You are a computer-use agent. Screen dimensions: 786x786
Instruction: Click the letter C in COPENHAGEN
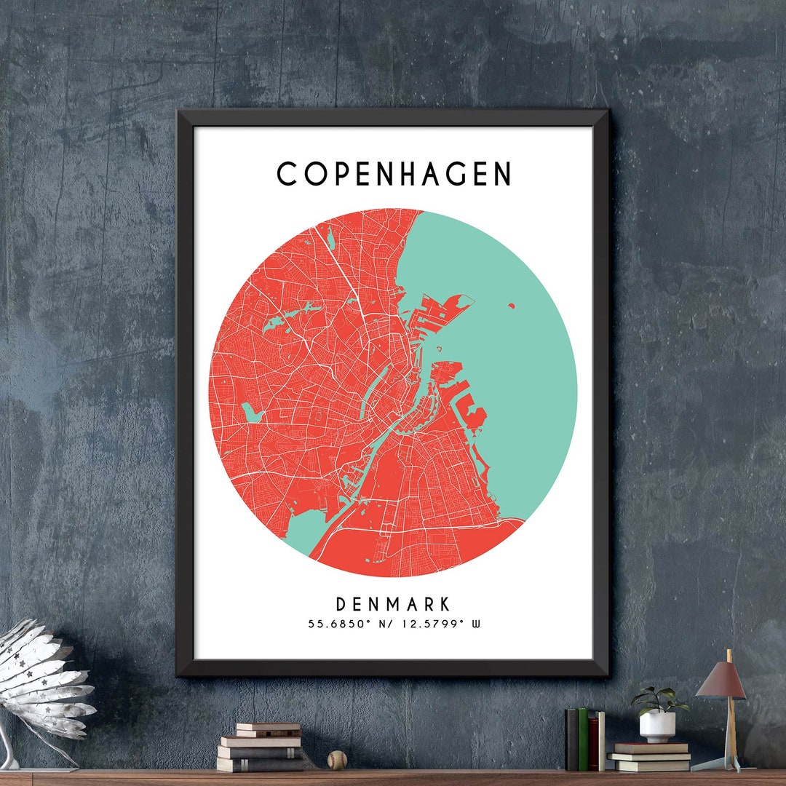pos(287,175)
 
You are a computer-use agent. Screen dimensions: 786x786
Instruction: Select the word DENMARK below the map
pos(393,604)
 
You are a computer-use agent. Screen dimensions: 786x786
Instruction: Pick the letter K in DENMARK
pos(445,604)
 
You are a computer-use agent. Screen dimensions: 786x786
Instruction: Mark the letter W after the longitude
pos(476,624)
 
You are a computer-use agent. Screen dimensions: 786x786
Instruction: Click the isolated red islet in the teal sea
pos(512,306)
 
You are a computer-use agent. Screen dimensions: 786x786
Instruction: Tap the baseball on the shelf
pos(336,760)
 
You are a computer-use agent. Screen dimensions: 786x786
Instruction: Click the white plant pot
pos(657,726)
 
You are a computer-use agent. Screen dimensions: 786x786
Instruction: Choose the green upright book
pos(582,739)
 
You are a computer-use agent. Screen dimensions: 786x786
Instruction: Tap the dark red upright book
pos(593,742)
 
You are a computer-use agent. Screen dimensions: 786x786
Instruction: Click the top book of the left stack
pos(268,727)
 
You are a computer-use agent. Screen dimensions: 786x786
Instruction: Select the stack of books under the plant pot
pos(650,756)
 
